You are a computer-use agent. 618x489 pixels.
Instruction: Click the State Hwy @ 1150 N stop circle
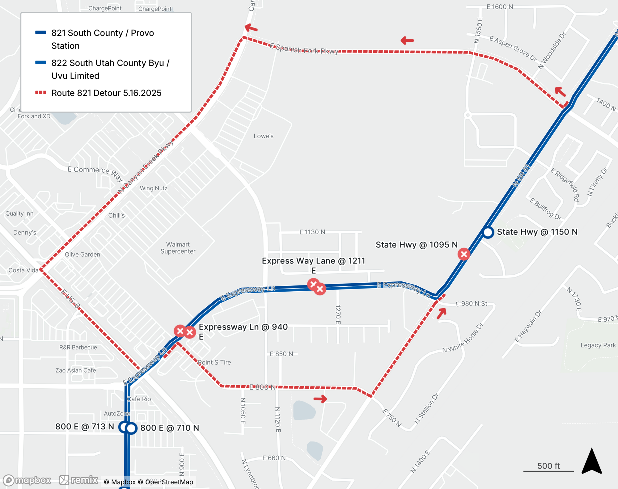pyautogui.click(x=488, y=232)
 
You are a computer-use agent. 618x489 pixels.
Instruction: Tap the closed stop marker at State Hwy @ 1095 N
pyautogui.click(x=464, y=254)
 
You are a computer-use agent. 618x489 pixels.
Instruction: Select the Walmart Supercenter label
pyautogui.click(x=178, y=248)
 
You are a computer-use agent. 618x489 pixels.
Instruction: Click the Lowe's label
pyautogui.click(x=263, y=136)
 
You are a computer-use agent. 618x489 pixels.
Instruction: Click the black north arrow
pyautogui.click(x=591, y=462)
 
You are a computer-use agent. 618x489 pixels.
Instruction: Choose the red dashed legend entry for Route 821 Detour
pyautogui.click(x=40, y=93)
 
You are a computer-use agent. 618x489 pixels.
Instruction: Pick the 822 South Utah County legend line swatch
pyautogui.click(x=40, y=63)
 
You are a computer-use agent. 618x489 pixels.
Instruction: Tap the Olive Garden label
pyautogui.click(x=82, y=255)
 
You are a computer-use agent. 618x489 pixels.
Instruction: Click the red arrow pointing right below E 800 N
pyautogui.click(x=320, y=399)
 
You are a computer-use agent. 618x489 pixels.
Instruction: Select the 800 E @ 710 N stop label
pyautogui.click(x=170, y=428)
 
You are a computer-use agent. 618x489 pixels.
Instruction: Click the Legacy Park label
pyautogui.click(x=598, y=345)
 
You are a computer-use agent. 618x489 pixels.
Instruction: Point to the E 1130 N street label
pyautogui.click(x=312, y=232)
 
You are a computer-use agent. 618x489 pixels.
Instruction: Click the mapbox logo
pyautogui.click(x=27, y=480)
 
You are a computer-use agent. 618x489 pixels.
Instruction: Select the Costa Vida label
pyautogui.click(x=23, y=270)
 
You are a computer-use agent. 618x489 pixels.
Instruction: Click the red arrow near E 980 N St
pyautogui.click(x=442, y=313)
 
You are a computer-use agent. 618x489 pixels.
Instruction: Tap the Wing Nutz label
pyautogui.click(x=154, y=188)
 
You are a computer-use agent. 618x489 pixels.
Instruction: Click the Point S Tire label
pyautogui.click(x=214, y=362)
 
